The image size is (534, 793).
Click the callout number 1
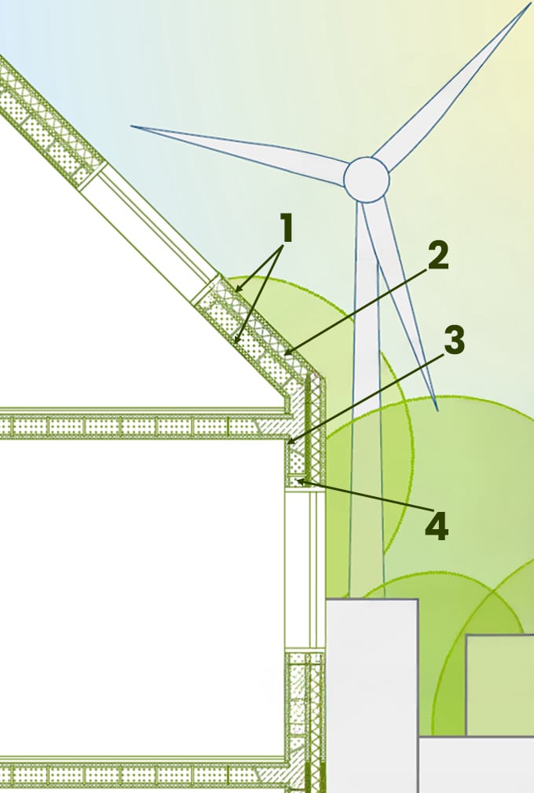[287, 228]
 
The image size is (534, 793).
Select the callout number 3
[454, 340]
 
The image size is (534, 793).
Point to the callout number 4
[437, 526]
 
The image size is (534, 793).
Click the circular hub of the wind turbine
[367, 180]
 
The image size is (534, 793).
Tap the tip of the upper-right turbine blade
[530, 4]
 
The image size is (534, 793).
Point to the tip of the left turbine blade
[132, 126]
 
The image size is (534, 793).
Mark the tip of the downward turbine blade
[437, 410]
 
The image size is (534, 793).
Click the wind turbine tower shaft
[367, 400]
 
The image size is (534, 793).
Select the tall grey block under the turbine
[372, 696]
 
